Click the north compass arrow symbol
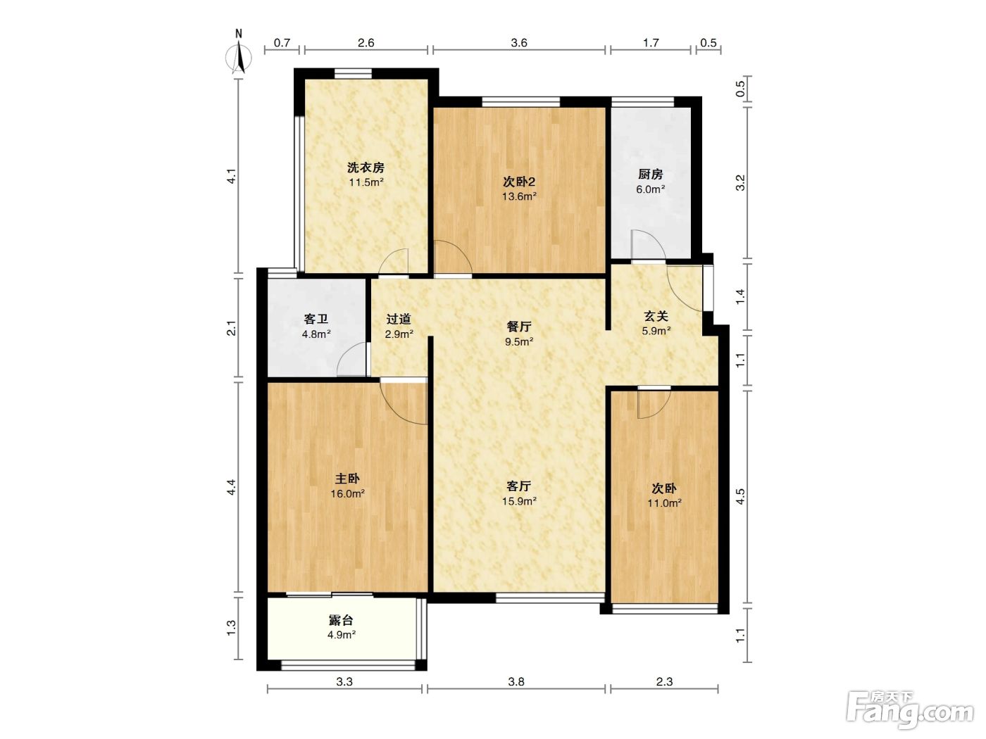click(x=239, y=57)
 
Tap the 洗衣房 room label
click(x=366, y=168)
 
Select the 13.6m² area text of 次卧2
click(x=519, y=196)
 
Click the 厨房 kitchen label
click(x=650, y=174)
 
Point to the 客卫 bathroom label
click(x=316, y=319)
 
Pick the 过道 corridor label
click(x=399, y=319)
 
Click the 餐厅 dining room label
click(x=519, y=326)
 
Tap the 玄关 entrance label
click(x=656, y=316)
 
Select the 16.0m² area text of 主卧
click(x=348, y=493)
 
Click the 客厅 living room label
click(x=519, y=486)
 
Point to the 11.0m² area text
click(x=664, y=503)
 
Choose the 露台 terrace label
click(x=341, y=621)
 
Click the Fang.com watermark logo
click(x=910, y=710)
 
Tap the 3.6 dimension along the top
click(x=519, y=43)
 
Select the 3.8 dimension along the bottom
click(x=516, y=681)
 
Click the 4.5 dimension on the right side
click(x=739, y=497)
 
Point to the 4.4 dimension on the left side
click(x=231, y=487)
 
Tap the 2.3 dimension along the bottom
click(x=664, y=681)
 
